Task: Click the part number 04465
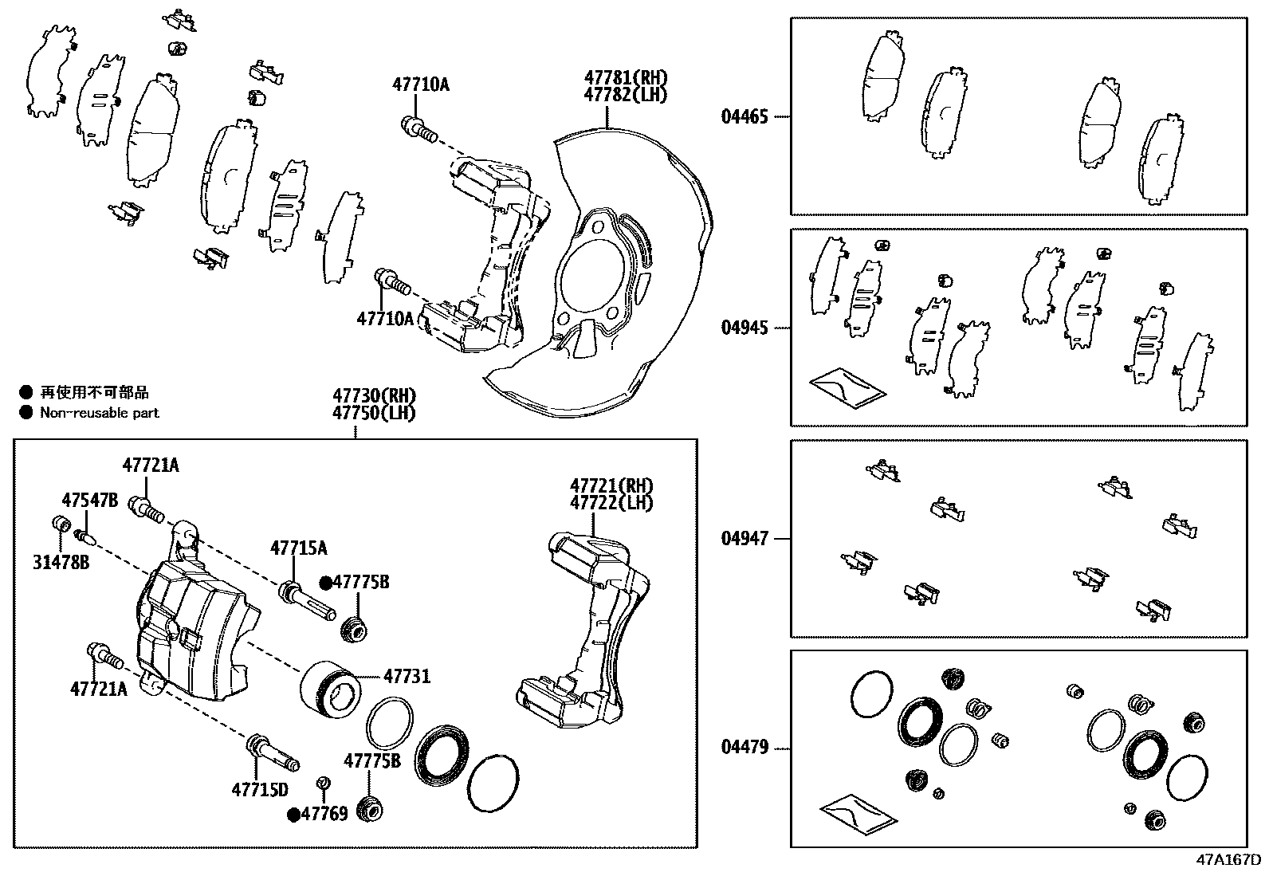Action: [x=745, y=117]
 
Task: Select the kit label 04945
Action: [x=745, y=328]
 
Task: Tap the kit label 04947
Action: [x=745, y=539]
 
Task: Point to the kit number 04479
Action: [x=745, y=748]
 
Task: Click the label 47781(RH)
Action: [x=626, y=77]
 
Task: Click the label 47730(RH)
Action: [x=375, y=396]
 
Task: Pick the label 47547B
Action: [x=90, y=500]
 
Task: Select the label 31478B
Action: [x=61, y=563]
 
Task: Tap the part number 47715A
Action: [x=298, y=548]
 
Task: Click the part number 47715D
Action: [x=260, y=790]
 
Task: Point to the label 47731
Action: [x=407, y=677]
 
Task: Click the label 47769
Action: [x=325, y=814]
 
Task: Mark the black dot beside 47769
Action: [x=294, y=814]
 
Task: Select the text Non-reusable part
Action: [x=100, y=413]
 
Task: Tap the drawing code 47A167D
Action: [x=1228, y=860]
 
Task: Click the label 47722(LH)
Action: [x=611, y=503]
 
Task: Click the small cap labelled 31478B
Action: [x=58, y=524]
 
